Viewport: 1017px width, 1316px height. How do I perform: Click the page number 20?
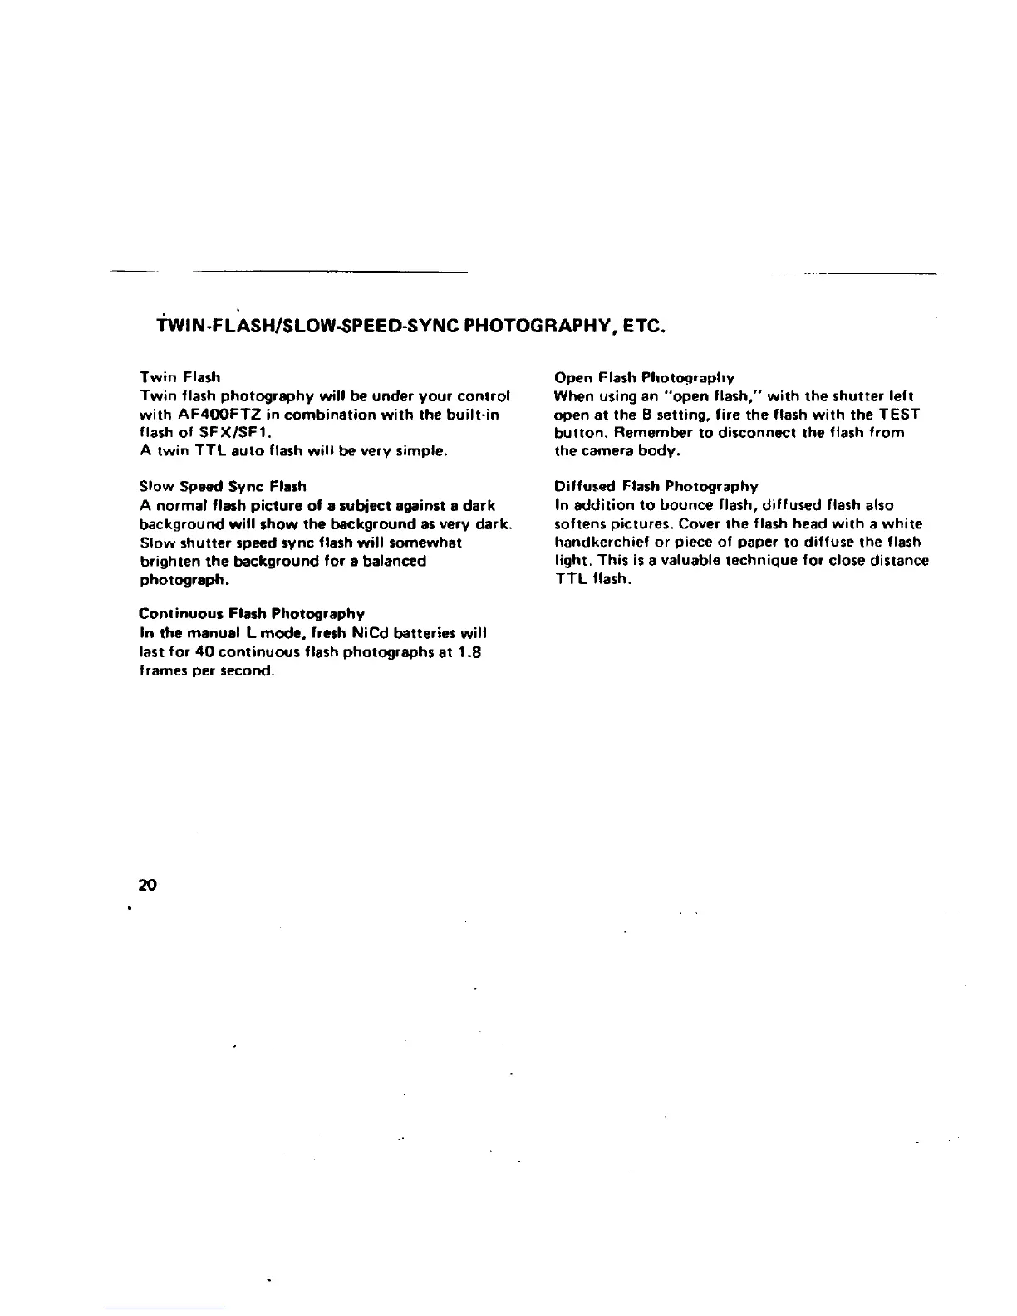tap(148, 884)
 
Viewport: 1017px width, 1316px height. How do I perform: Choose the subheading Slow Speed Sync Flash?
tap(222, 486)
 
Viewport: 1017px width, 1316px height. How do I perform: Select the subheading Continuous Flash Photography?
tap(251, 614)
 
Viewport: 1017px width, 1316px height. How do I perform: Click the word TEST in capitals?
tap(896, 414)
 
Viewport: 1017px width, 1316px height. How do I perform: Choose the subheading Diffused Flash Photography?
tap(656, 486)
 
